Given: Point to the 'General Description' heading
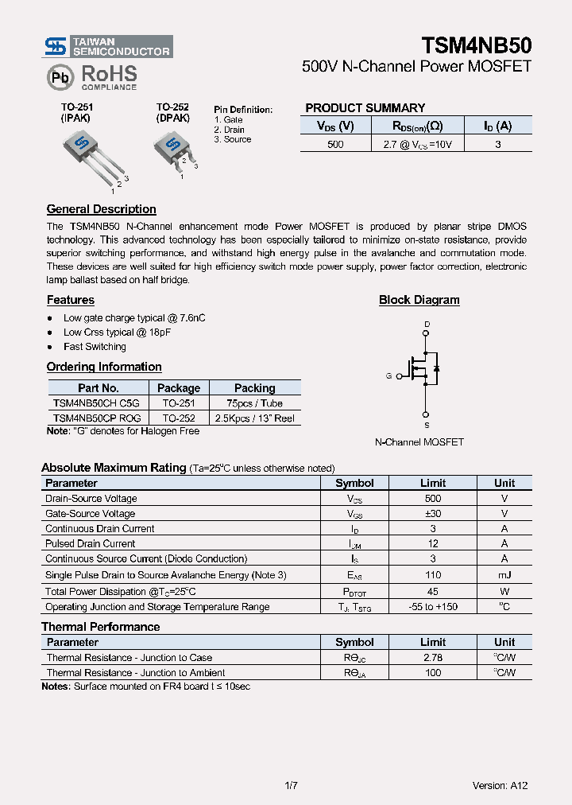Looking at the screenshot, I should click(x=101, y=209).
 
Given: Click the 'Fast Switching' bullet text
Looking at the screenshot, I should click(x=95, y=347).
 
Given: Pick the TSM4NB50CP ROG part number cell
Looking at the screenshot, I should click(x=97, y=418).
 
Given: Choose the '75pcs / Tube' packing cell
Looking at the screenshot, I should click(x=254, y=403).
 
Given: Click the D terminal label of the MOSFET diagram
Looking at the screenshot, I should click(x=427, y=324).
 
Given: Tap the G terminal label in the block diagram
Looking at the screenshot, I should click(x=388, y=375).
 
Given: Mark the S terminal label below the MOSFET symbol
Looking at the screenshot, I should click(x=427, y=426).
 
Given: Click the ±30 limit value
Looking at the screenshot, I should click(x=432, y=514).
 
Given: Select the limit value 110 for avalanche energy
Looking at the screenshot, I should click(x=432, y=574).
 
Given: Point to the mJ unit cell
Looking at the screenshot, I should click(x=504, y=574).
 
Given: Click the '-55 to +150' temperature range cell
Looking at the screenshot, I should click(x=432, y=607).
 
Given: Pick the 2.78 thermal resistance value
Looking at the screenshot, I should click(x=432, y=658).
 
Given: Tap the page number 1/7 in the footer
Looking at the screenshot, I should click(x=291, y=785).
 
